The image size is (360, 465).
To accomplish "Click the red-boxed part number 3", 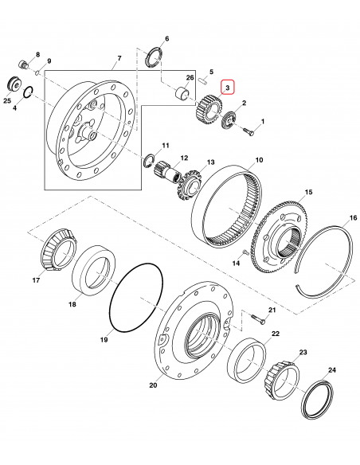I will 227,86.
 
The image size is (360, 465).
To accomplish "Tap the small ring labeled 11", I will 149,162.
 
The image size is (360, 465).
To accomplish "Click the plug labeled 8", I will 23,63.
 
